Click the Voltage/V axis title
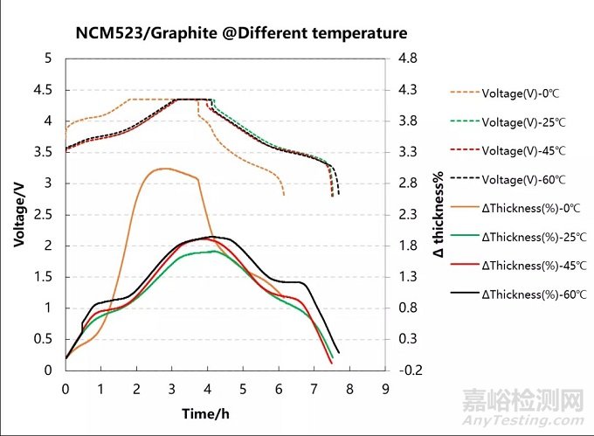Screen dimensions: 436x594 (18, 214)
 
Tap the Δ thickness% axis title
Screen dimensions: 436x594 (439, 214)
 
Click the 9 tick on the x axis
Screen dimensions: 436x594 (384, 387)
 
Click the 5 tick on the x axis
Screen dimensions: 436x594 (243, 387)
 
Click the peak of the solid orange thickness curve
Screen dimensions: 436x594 (162, 168)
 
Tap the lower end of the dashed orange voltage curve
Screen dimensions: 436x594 (284, 195)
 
